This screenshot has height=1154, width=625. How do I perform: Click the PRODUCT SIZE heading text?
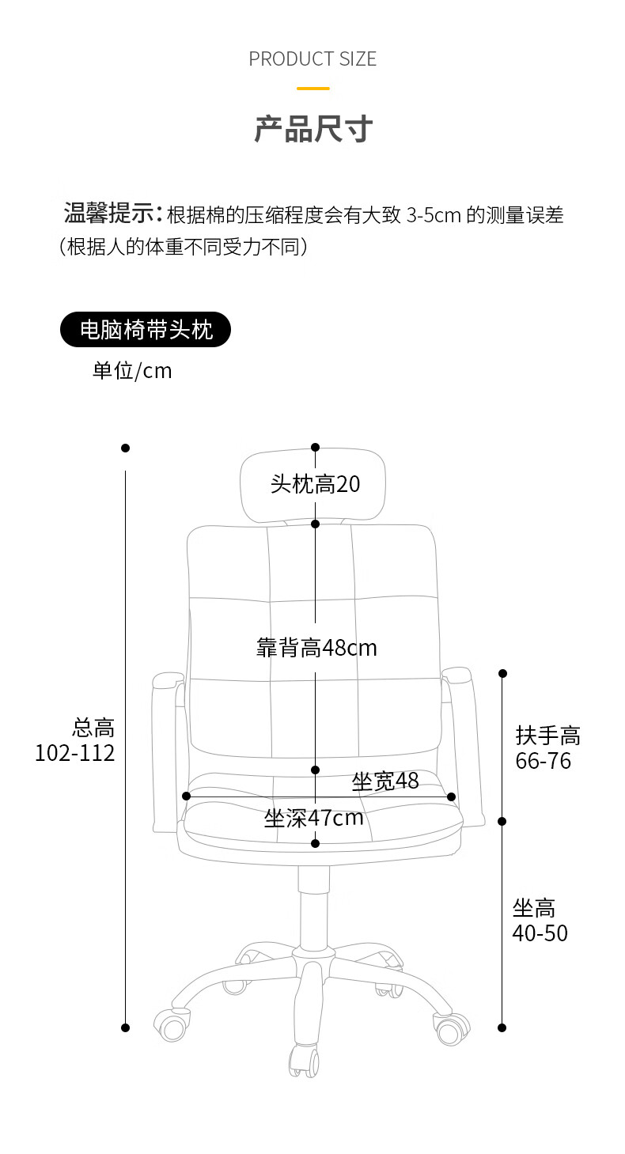(312, 59)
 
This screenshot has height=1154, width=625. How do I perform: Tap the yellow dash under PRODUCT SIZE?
(312, 89)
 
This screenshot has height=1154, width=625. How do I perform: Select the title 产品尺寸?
(313, 128)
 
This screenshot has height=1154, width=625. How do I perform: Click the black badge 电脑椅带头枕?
(146, 329)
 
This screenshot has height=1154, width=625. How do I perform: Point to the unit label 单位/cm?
(132, 370)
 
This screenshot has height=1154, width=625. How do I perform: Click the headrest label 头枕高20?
(315, 484)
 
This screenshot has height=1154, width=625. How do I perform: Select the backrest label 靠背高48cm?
(316, 648)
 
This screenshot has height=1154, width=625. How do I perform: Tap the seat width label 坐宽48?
(385, 781)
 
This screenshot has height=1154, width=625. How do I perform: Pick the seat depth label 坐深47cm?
(314, 818)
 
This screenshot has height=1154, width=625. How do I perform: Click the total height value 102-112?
(75, 752)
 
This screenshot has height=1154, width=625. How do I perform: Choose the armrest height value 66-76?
(544, 761)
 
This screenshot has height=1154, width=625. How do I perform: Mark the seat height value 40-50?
(540, 933)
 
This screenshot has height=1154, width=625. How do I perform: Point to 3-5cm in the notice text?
(434, 215)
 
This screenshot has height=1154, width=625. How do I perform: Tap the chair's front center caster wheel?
(305, 1060)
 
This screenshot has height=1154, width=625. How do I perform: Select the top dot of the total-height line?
(125, 448)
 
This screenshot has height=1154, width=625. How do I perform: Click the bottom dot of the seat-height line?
(502, 1027)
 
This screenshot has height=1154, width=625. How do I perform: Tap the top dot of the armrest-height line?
(502, 673)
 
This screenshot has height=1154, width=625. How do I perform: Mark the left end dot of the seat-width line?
(186, 796)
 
